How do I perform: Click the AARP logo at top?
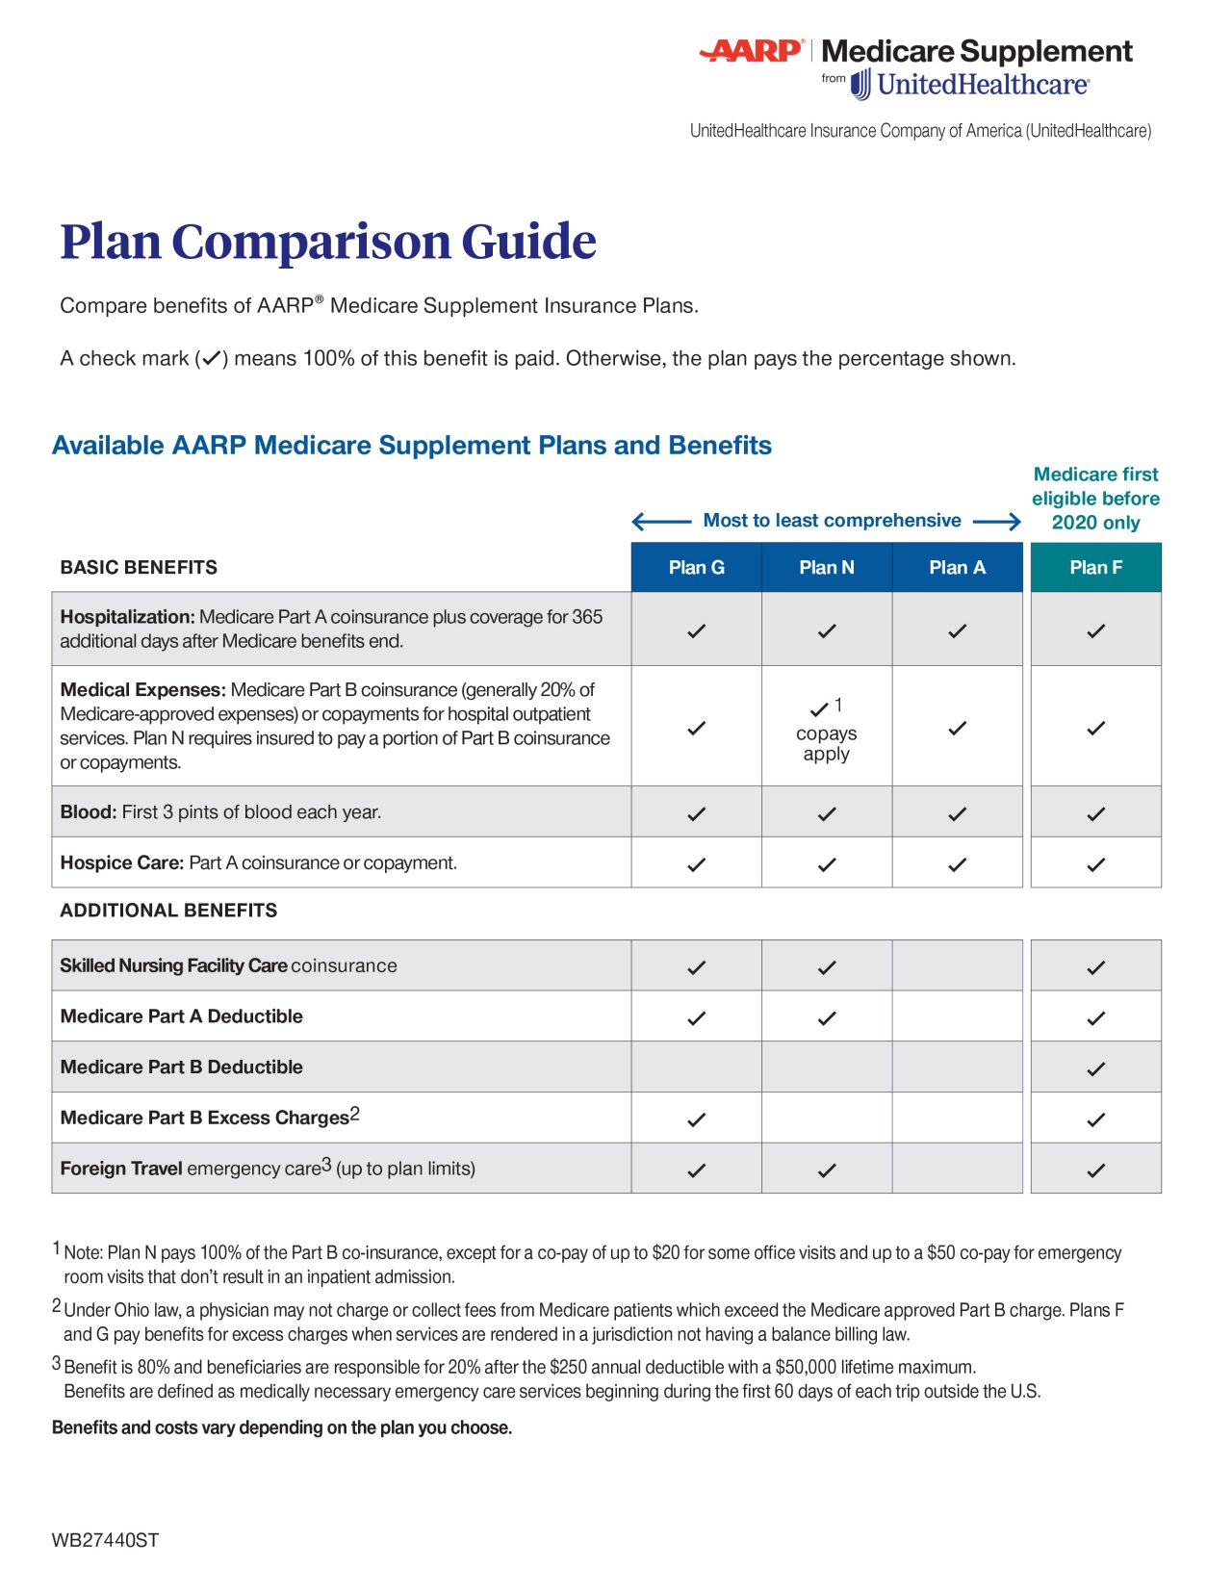(x=752, y=51)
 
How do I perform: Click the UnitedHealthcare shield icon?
(x=860, y=85)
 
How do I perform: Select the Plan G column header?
(x=696, y=568)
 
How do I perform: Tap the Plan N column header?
(x=826, y=568)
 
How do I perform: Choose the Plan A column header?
(x=957, y=568)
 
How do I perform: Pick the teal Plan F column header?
(x=1095, y=568)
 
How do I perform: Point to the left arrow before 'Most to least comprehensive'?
(x=661, y=522)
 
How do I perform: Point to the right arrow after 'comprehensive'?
(x=996, y=522)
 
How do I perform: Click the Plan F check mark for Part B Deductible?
(x=1095, y=1068)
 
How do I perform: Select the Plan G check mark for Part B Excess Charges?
(x=696, y=1119)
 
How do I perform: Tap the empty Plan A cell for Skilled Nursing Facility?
(x=957, y=965)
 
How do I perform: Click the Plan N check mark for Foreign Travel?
(x=826, y=1170)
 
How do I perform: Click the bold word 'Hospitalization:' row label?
(x=127, y=617)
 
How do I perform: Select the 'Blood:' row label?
(x=88, y=812)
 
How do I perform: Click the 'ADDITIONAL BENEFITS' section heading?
(x=168, y=911)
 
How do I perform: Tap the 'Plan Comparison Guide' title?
(x=328, y=242)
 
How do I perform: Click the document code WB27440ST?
(x=105, y=1540)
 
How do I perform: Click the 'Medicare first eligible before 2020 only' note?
(x=1095, y=499)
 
